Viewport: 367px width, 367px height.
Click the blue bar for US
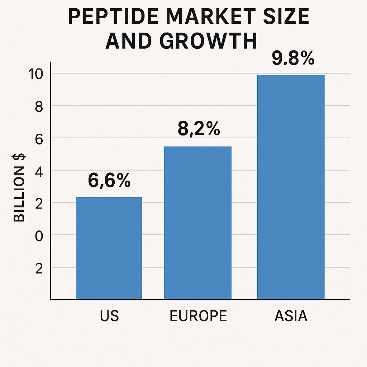[x=109, y=248]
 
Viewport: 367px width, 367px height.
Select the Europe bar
[x=198, y=223]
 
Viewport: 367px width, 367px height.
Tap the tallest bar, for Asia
[x=291, y=187]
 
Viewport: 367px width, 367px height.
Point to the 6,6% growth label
[x=109, y=181]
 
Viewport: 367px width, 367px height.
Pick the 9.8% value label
[x=293, y=59]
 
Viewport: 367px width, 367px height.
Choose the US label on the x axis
[x=109, y=316]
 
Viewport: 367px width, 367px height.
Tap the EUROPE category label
[x=198, y=316]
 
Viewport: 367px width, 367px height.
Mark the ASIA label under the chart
[x=291, y=316]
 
